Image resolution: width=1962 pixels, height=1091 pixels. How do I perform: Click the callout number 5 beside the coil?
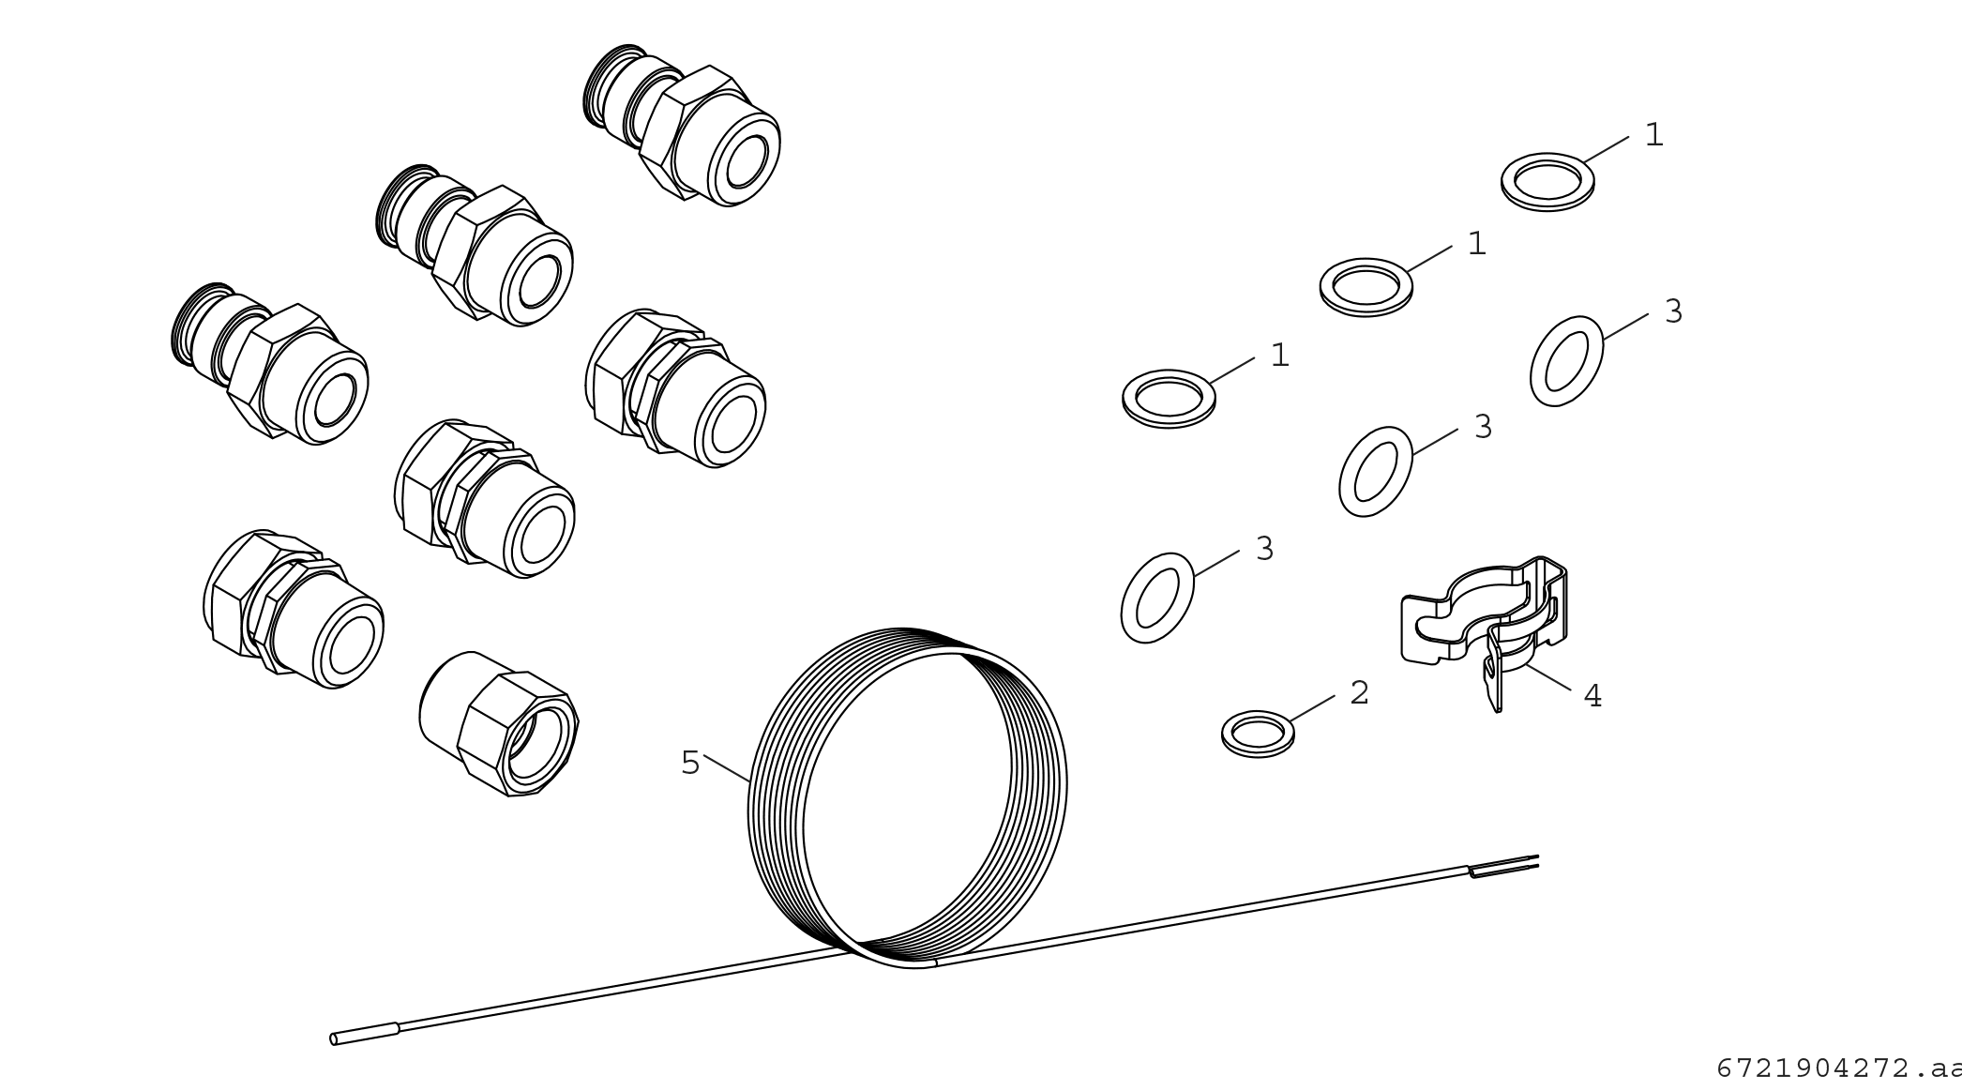(690, 763)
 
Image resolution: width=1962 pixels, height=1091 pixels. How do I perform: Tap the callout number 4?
(1592, 696)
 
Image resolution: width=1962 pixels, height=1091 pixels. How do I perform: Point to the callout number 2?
(1359, 693)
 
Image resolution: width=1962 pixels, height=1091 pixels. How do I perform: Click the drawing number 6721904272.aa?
(1838, 1068)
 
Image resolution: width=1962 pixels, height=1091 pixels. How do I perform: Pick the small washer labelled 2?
(1258, 734)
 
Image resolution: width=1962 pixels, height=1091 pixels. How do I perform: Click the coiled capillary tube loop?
(907, 797)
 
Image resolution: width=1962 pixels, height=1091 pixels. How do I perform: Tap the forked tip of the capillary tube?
(1504, 866)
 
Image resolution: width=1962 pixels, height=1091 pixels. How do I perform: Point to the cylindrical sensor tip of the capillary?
(365, 1034)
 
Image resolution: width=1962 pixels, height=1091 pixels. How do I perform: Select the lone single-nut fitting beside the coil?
(499, 723)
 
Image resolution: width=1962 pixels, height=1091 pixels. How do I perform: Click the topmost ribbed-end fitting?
(682, 125)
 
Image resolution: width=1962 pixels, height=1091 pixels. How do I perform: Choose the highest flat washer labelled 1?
(1547, 182)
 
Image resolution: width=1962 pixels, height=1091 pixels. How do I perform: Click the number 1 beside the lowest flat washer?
(1279, 356)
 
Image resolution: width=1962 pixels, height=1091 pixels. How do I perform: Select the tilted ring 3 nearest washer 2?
(1157, 598)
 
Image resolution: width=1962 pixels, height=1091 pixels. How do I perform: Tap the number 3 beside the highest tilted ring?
(1673, 311)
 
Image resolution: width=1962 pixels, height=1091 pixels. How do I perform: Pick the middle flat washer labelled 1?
(1366, 287)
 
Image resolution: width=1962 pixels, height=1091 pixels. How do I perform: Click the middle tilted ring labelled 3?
(1376, 471)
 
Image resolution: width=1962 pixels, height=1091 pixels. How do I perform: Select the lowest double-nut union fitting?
(293, 609)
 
